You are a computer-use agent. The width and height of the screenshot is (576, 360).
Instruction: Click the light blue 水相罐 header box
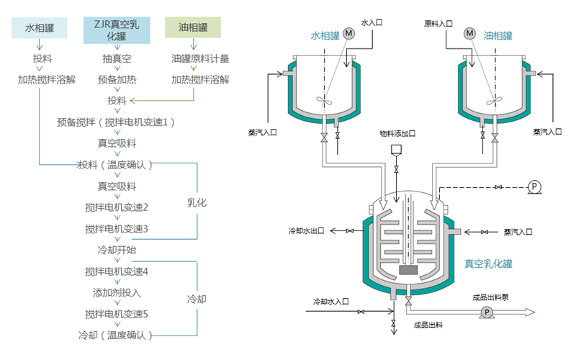click(40, 28)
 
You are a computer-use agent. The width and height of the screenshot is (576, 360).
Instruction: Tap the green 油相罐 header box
click(193, 28)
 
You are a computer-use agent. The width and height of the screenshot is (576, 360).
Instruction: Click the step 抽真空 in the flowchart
click(116, 59)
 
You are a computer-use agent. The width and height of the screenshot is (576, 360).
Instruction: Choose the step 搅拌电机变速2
click(116, 207)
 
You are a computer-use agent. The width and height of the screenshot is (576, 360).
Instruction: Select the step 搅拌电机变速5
click(116, 314)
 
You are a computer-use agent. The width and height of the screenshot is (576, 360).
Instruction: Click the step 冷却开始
click(116, 250)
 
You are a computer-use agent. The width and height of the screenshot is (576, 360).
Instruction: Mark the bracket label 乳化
click(197, 203)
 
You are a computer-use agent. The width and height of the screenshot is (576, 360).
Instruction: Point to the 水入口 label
click(371, 23)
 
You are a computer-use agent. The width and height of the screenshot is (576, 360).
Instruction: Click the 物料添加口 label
click(397, 132)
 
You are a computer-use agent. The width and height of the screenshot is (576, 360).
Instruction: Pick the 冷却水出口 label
click(306, 231)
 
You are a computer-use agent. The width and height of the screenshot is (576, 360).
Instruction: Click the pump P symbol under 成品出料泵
click(487, 312)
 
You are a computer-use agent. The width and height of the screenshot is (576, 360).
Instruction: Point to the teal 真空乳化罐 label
click(488, 264)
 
